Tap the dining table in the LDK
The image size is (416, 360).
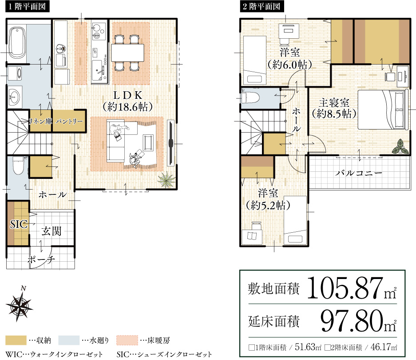pos(128,53)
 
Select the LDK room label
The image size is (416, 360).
pos(127,101)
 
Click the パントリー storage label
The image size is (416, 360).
pos(69,121)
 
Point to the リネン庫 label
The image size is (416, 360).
pos(40,121)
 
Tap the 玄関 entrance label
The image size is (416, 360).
pos(52,231)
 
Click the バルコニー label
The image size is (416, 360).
pos(359,173)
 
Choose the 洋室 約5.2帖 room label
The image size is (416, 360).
pos(268,199)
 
